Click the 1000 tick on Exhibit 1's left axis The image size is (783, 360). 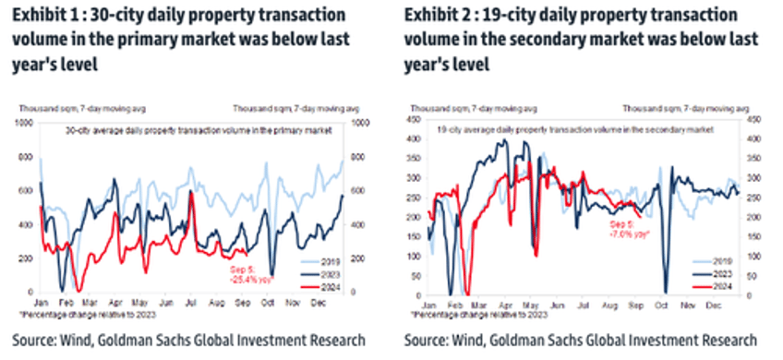[x=25, y=122]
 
